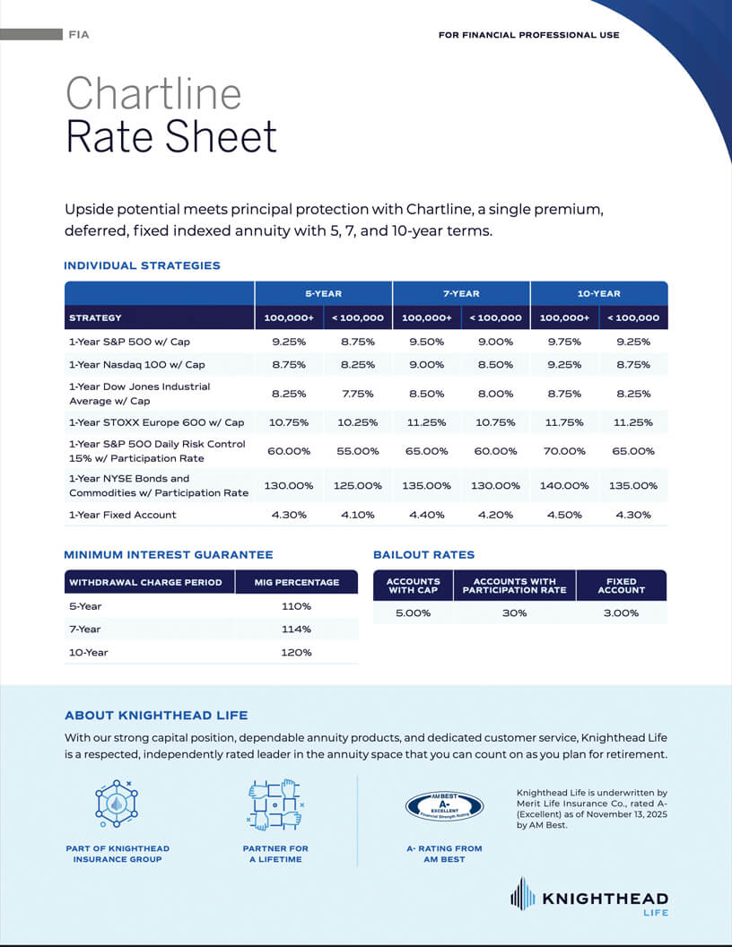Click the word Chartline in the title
coord(153,93)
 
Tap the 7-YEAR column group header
coord(461,293)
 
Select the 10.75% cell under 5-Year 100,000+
coord(289,422)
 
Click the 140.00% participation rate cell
coord(564,485)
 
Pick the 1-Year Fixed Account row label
coord(123,515)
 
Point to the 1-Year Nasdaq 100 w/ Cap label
coord(137,365)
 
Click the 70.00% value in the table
coord(564,451)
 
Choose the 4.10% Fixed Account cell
coord(358,515)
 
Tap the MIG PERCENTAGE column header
coord(297,582)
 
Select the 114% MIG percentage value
coord(297,630)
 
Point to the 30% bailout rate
coord(515,613)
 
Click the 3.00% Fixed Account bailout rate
coord(622,613)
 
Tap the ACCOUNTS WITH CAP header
coord(414,586)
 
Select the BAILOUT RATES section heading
coord(424,554)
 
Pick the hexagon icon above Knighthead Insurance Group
coord(117,804)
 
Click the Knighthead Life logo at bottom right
coord(589,898)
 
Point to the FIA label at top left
coord(79,35)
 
